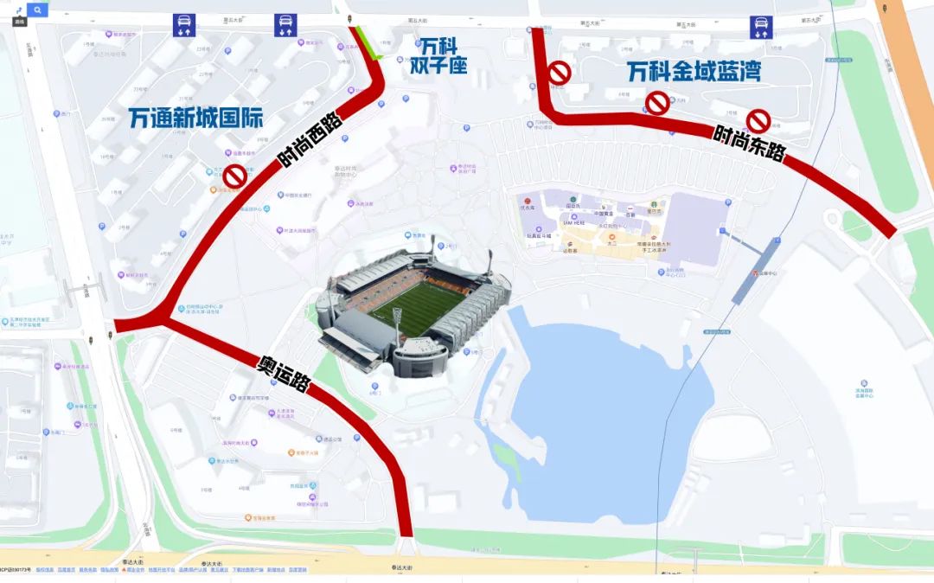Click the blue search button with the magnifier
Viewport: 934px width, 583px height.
[37, 10]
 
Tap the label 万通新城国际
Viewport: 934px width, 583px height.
[195, 119]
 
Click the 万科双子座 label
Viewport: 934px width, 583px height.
[438, 54]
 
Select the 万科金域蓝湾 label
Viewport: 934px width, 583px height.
[694, 72]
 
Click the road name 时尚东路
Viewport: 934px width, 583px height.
[749, 144]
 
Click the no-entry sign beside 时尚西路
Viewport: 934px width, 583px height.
[235, 177]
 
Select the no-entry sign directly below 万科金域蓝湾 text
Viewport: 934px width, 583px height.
[658, 104]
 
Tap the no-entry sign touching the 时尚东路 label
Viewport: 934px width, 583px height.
[758, 121]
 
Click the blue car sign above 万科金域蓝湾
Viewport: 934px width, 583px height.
[761, 28]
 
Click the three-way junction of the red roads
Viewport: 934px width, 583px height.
[160, 320]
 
